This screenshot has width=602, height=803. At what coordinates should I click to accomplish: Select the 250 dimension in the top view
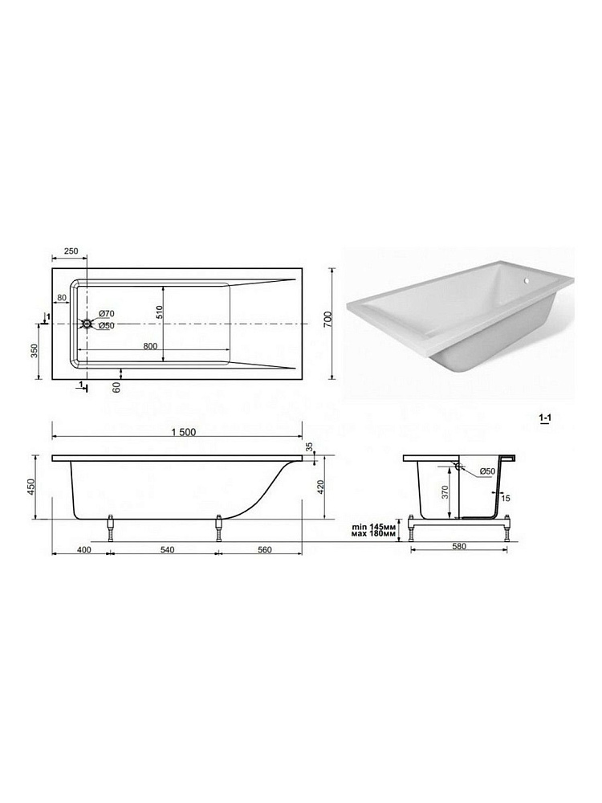pos(71,251)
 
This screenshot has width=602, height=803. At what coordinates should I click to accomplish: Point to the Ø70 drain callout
pos(106,313)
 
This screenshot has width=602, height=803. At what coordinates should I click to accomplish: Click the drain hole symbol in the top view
pos(87,324)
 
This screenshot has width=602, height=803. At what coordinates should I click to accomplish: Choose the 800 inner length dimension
pos(150,346)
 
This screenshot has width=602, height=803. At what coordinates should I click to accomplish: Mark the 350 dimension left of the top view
pos(35,352)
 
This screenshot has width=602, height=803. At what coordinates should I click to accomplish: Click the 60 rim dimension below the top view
pos(116,388)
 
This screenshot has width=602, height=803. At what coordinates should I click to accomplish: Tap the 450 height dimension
pos(31,487)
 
